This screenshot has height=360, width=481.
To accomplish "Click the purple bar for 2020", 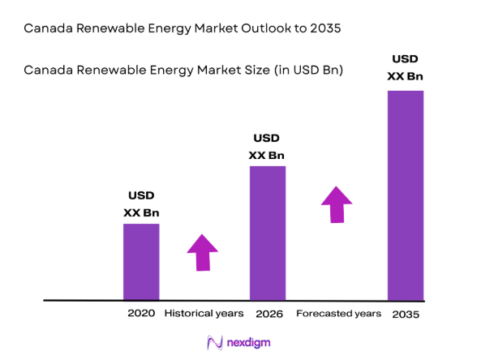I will click(x=141, y=261).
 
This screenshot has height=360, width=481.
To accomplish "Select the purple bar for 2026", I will click(x=268, y=233).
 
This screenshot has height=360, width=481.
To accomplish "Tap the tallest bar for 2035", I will click(x=406, y=195).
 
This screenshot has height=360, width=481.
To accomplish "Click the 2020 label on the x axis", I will click(x=141, y=313).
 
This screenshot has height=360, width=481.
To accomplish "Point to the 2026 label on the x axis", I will click(x=268, y=313).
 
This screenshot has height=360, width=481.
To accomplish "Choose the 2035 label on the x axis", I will click(x=406, y=314).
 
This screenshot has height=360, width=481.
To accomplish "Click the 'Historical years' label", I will click(x=204, y=313).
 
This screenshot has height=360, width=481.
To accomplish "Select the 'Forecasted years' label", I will click(x=338, y=313).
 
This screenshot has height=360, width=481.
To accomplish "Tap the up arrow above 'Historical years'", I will click(x=203, y=252).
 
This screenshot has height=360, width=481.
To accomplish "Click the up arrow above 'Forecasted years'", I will click(x=337, y=204).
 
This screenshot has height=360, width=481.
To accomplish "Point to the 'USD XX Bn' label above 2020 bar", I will click(x=141, y=204).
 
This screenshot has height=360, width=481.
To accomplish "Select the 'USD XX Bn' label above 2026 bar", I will click(x=267, y=147).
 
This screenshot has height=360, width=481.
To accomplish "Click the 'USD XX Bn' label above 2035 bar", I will click(x=406, y=67).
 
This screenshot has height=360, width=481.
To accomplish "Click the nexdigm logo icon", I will click(x=216, y=344).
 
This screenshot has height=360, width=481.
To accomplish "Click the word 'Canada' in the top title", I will click(x=46, y=28).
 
